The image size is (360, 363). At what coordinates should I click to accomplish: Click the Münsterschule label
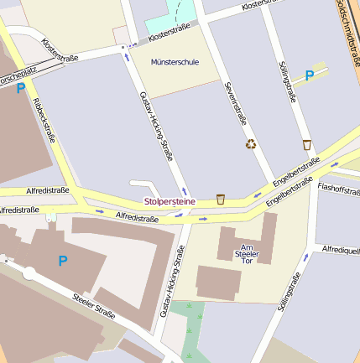click(x=173, y=62)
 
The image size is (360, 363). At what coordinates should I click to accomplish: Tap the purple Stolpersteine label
click(x=170, y=201)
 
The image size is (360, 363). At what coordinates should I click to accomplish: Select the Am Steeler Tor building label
click(x=246, y=252)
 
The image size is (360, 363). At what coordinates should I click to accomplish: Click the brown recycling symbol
click(x=251, y=144)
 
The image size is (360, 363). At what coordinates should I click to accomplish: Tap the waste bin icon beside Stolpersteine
click(x=221, y=199)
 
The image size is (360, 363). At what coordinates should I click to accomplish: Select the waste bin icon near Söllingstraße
click(x=306, y=144)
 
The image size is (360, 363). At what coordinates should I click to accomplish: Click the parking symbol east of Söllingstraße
click(x=309, y=75)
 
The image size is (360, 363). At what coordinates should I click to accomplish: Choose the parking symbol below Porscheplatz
click(x=20, y=87)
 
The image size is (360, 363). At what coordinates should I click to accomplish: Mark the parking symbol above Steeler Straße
click(x=62, y=262)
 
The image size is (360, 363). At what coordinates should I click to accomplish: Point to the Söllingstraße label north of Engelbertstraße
click(x=286, y=82)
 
